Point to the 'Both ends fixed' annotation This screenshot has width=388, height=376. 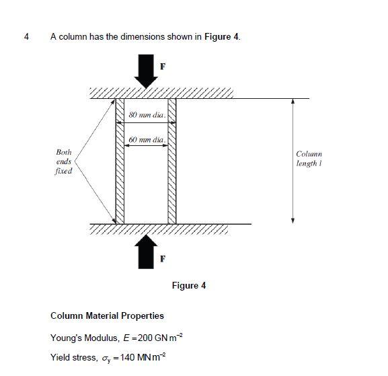point(64,162)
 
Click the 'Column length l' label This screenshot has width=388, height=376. point(309,159)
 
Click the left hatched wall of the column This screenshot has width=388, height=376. point(120,161)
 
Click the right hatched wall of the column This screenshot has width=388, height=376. point(172,161)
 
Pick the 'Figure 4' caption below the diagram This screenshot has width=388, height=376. point(189,286)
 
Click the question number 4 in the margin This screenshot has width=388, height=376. point(26,36)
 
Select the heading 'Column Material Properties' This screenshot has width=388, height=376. point(107,315)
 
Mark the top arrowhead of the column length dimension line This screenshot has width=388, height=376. point(293,102)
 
